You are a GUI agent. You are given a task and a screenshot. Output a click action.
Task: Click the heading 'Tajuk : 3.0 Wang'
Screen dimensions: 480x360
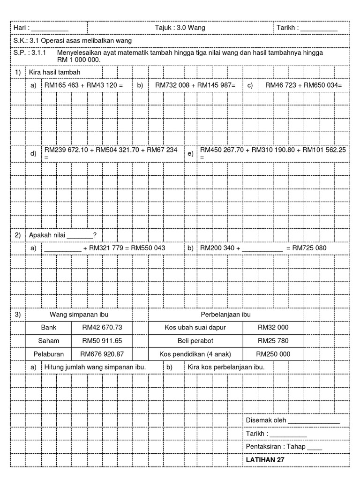pyautogui.click(x=180, y=28)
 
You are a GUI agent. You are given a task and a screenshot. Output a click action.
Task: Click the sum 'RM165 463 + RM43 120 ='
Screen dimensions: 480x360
pyautogui.click(x=83, y=85)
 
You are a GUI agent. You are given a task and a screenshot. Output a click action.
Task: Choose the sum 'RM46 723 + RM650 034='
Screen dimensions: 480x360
pyautogui.click(x=304, y=85)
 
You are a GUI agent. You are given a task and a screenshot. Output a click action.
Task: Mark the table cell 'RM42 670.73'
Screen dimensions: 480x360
pyautogui.click(x=102, y=328)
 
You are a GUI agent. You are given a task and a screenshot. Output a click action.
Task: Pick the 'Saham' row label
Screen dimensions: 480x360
pyautogui.click(x=50, y=341)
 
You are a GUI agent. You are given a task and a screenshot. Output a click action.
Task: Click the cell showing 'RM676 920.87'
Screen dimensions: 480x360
pyautogui.click(x=102, y=354)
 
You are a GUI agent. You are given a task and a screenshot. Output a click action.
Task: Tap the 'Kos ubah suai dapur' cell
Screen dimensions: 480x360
pyautogui.click(x=195, y=328)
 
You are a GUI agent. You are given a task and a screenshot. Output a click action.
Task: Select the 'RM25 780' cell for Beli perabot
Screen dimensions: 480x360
pyautogui.click(x=273, y=341)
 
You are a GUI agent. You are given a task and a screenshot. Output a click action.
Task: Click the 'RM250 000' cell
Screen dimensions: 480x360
pyautogui.click(x=273, y=354)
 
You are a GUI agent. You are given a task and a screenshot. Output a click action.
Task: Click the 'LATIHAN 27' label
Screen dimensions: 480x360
pyautogui.click(x=265, y=460)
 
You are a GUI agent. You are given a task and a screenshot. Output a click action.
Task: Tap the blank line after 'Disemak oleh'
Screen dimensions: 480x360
pyautogui.click(x=314, y=421)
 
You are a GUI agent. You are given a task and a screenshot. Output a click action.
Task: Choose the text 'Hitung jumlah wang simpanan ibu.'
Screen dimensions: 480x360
pyautogui.click(x=95, y=367)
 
